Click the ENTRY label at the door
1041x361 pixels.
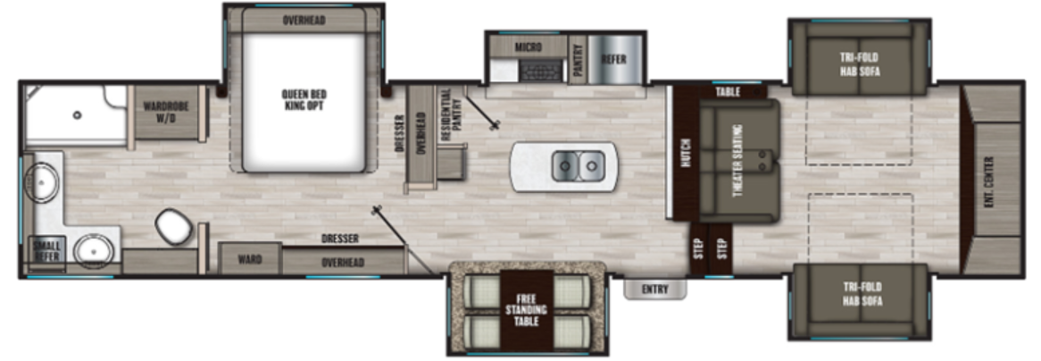[654, 290]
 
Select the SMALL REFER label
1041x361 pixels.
[46, 250]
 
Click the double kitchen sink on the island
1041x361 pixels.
[578, 165]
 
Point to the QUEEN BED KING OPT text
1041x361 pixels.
[302, 100]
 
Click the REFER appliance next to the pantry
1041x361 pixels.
[612, 59]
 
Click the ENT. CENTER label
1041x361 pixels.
[988, 180]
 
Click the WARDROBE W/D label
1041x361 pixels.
[164, 112]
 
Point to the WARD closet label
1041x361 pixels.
[250, 261]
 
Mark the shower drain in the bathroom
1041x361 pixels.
[78, 114]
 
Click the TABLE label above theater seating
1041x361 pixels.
[728, 91]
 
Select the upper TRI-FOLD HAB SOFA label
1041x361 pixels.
[859, 64]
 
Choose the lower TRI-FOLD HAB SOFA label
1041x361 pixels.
[859, 293]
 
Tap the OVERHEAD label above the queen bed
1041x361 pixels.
[303, 19]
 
